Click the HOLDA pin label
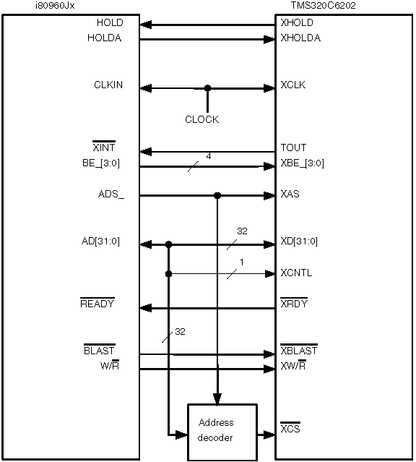[105, 38]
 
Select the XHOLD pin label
[297, 22]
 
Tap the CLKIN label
[108, 85]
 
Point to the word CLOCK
[202, 119]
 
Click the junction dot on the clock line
[207, 87]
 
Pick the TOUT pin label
[293, 147]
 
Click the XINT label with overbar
[104, 147]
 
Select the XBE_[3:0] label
[303, 163]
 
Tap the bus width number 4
[209, 156]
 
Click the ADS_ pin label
[111, 194]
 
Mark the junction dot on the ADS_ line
[217, 195]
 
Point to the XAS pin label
[290, 194]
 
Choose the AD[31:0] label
[100, 241]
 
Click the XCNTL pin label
[296, 273]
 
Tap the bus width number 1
[242, 262]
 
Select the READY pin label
[97, 303]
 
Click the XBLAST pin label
[299, 350]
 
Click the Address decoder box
[222, 432]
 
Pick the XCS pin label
[290, 427]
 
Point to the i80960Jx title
[55, 6]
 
